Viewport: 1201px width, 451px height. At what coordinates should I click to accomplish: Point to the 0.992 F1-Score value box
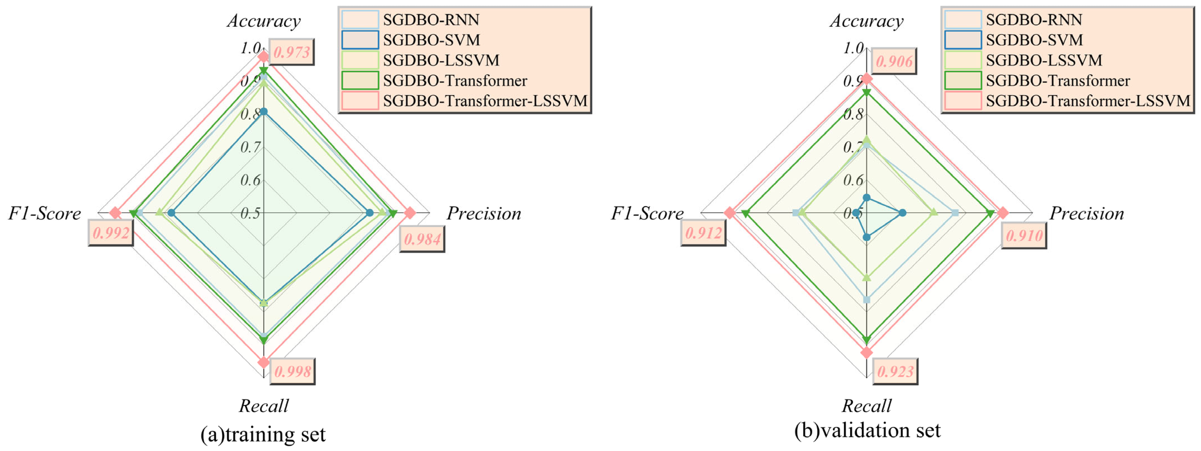pyautogui.click(x=111, y=232)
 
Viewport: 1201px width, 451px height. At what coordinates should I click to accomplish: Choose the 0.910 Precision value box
pyautogui.click(x=1024, y=235)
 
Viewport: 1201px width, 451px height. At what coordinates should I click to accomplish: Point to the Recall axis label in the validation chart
pyautogui.click(x=866, y=406)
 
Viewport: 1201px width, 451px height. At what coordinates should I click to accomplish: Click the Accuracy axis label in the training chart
pyautogui.click(x=264, y=21)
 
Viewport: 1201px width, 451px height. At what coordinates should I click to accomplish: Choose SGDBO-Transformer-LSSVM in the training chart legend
pyautogui.click(x=485, y=101)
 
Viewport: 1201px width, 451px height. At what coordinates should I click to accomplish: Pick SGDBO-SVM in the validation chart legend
pyautogui.click(x=1034, y=40)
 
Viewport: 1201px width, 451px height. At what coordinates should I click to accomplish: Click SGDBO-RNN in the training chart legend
pyautogui.click(x=431, y=20)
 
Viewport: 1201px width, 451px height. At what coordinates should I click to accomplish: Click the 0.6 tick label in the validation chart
pyautogui.click(x=853, y=180)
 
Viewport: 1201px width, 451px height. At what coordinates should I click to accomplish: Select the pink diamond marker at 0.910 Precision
pyautogui.click(x=1003, y=213)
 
